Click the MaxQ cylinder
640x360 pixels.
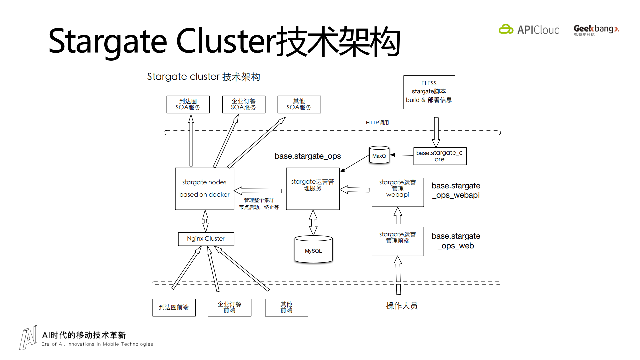point(379,156)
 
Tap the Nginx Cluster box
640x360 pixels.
point(206,239)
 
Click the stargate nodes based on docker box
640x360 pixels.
point(204,189)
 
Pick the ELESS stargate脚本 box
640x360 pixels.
point(429,92)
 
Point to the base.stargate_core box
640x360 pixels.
point(440,156)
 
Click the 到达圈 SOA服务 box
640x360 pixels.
point(188,104)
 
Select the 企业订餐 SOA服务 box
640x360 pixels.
point(244,104)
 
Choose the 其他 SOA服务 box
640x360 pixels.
point(299,104)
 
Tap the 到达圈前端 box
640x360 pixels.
point(174,307)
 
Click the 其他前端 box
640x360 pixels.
point(286,307)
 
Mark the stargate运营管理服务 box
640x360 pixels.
point(312,189)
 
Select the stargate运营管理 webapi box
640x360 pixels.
point(398,192)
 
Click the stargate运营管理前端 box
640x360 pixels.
point(398,241)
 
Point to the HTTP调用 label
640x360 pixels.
point(377,122)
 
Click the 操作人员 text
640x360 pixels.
point(402,306)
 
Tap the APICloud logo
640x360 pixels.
point(529,30)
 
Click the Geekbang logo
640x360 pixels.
point(596,30)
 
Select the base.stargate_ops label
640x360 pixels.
point(307,156)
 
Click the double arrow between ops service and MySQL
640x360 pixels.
point(313,223)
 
